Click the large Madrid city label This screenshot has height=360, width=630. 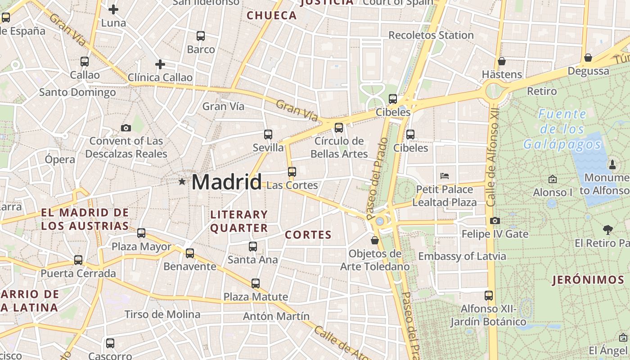[x=226, y=182]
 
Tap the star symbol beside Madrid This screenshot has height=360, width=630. [x=182, y=182]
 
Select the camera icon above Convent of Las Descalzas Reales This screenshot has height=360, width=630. [x=126, y=128]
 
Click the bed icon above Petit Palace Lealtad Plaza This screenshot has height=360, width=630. [x=445, y=176]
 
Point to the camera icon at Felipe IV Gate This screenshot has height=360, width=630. [x=495, y=220]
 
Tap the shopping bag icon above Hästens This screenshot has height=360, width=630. [x=502, y=61]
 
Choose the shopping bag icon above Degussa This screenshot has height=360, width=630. [x=588, y=58]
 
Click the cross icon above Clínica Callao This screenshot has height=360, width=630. [x=160, y=65]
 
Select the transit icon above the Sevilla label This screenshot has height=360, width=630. [x=268, y=134]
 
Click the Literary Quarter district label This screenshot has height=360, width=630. [x=239, y=221]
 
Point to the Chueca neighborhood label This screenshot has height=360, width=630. [x=272, y=16]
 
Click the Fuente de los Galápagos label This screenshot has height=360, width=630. [x=562, y=129]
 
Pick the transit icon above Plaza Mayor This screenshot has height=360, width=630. [x=141, y=233]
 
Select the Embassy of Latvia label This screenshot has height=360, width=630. [x=462, y=256]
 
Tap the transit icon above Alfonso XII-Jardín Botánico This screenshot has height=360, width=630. [x=489, y=296]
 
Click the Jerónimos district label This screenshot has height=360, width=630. [x=588, y=280]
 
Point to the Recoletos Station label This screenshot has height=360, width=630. [x=431, y=35]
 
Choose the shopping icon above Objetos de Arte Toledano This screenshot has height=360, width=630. [x=375, y=241]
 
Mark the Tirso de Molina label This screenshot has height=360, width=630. [x=162, y=314]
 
